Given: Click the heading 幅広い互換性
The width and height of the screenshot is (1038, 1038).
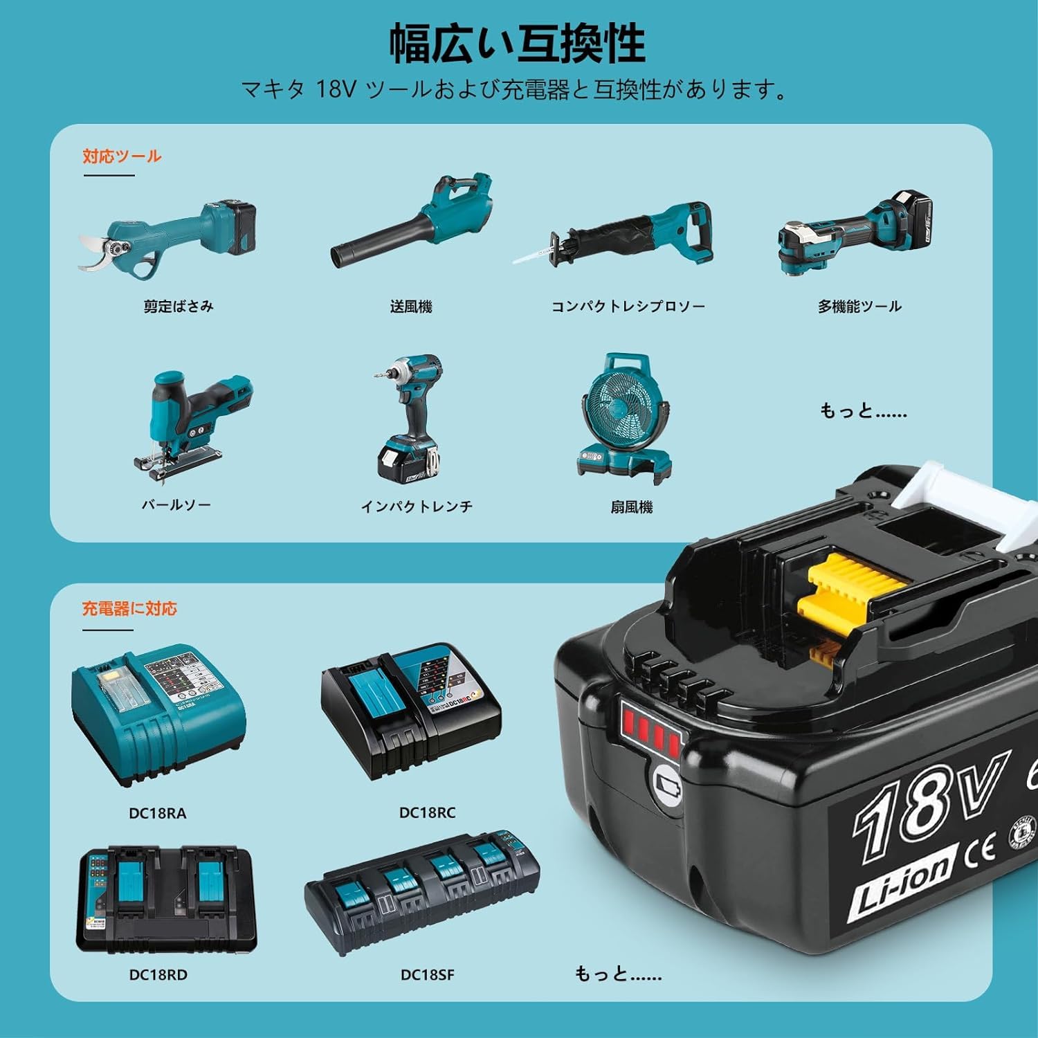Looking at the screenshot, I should pyautogui.click(x=518, y=44).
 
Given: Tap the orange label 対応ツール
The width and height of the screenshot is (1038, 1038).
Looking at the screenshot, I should pyautogui.click(x=122, y=156).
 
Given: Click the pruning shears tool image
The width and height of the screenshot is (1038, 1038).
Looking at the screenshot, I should pyautogui.click(x=170, y=237).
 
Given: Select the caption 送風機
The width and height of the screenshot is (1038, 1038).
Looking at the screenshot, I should pyautogui.click(x=411, y=307).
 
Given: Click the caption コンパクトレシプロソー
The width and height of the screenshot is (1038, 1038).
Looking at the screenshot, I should pyautogui.click(x=628, y=307).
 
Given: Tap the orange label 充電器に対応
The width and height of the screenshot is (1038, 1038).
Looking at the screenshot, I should pyautogui.click(x=129, y=609).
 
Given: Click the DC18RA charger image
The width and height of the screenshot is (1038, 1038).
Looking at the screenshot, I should pyautogui.click(x=158, y=716).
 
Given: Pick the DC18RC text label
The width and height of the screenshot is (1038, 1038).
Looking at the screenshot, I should pyautogui.click(x=427, y=813).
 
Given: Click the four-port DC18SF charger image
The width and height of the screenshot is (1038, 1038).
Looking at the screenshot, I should pyautogui.click(x=422, y=893).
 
